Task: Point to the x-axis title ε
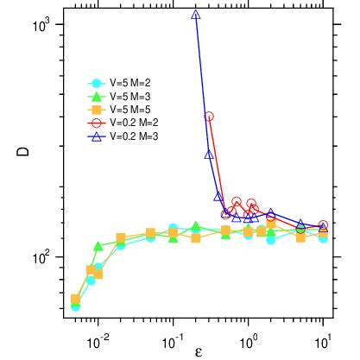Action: tap(198, 351)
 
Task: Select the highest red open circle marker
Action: tap(209, 116)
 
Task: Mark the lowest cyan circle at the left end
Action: tap(75, 306)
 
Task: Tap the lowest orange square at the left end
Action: tap(75, 299)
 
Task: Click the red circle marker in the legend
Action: tap(98, 123)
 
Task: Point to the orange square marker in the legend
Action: tap(98, 110)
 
